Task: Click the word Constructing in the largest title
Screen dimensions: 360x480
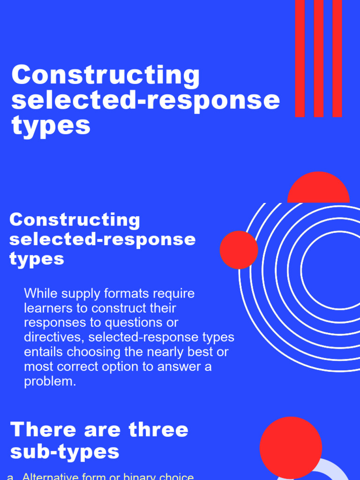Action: pyautogui.click(x=105, y=75)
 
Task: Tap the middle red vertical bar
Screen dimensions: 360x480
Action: pyautogui.click(x=319, y=58)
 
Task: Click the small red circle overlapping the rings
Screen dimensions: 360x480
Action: pyautogui.click(x=239, y=250)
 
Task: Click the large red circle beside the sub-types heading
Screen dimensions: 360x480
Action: pyautogui.click(x=291, y=448)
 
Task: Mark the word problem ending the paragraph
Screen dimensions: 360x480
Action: pyautogui.click(x=50, y=381)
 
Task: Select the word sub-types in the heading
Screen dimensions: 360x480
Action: pyautogui.click(x=65, y=452)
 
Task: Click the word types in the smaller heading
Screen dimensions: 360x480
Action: pyautogui.click(x=37, y=259)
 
